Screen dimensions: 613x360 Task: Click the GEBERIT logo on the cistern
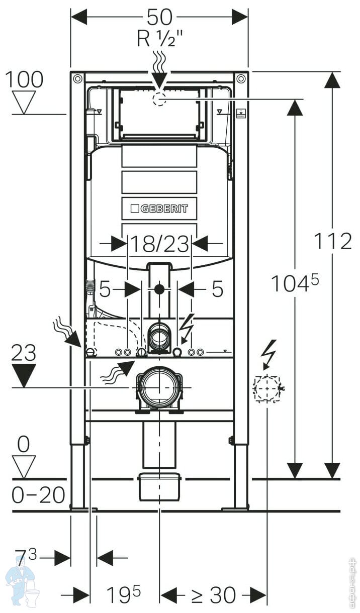click(159, 209)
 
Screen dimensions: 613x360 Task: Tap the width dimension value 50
click(159, 17)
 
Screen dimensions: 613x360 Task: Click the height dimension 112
click(333, 241)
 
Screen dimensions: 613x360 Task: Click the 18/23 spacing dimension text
click(159, 245)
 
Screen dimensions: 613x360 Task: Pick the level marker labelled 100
click(24, 79)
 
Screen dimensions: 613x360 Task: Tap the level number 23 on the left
click(24, 354)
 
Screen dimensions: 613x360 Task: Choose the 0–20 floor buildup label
click(38, 495)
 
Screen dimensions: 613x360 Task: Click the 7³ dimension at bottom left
click(26, 557)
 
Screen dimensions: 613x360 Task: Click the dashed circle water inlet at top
click(159, 99)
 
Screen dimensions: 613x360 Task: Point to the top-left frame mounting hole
click(77, 79)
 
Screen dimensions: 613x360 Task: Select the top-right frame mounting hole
click(241, 79)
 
